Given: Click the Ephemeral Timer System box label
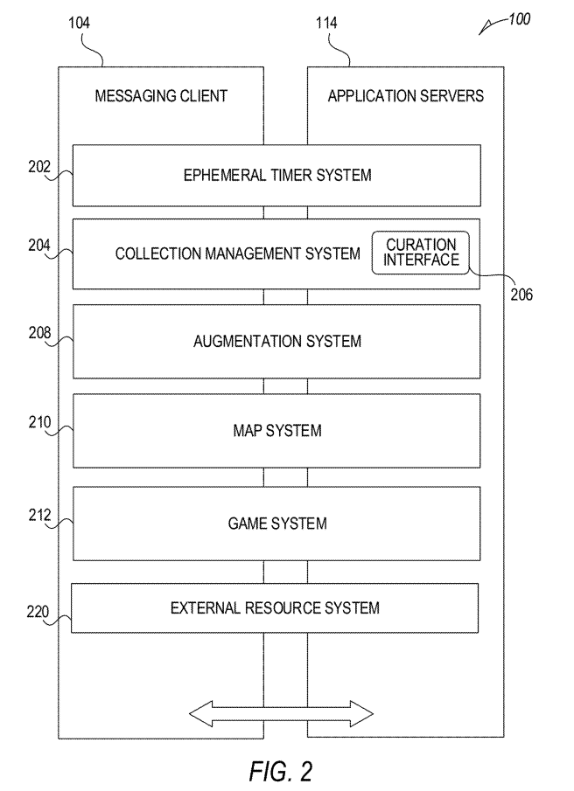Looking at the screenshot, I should (276, 175).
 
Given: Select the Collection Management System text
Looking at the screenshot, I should (237, 253).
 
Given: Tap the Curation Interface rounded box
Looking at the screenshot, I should (422, 253).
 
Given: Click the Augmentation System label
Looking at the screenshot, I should (276, 341).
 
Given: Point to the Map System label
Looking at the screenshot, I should (276, 431).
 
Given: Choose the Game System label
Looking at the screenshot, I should (276, 524).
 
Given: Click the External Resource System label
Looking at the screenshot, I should (275, 607).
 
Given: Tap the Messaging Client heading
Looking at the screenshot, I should (161, 96).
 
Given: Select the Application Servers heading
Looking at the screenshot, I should (405, 96).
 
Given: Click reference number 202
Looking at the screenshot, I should (38, 166).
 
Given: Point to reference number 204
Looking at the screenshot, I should (38, 246).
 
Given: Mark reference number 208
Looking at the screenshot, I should (38, 333).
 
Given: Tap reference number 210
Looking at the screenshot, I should (38, 423).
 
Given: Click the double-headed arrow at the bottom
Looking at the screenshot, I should (282, 712).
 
